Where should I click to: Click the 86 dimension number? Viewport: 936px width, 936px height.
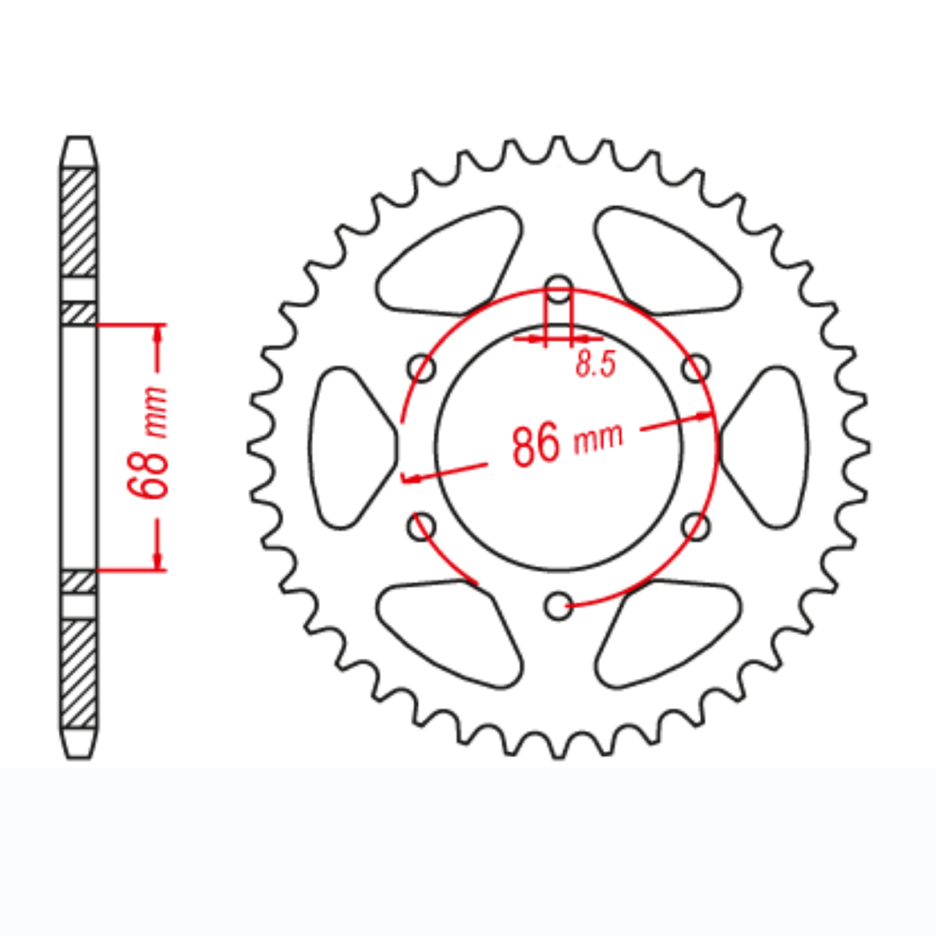pos(537,444)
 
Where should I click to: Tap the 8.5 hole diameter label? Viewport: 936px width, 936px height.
pos(596,364)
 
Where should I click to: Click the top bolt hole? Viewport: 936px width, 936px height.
pos(558,285)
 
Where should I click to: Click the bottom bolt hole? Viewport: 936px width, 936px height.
pos(558,605)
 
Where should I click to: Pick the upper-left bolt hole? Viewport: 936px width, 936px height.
pos(422,367)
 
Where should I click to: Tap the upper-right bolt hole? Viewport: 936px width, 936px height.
pos(697,367)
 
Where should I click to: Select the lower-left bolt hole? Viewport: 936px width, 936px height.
pos(422,525)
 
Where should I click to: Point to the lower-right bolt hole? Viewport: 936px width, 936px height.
pos(697,525)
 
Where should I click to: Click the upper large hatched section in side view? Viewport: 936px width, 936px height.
pos(79,222)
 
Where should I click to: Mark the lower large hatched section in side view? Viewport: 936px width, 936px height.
pos(79,672)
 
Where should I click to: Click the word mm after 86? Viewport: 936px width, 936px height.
pos(598,438)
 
